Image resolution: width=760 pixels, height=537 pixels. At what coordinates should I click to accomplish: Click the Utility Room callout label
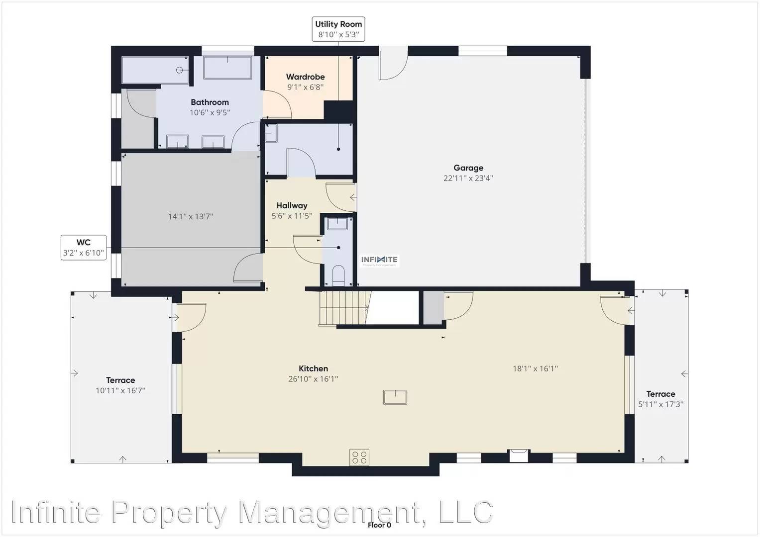(338, 29)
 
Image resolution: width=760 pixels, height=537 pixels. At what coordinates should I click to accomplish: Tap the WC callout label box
(84, 248)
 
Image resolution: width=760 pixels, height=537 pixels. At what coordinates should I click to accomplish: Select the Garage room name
(468, 168)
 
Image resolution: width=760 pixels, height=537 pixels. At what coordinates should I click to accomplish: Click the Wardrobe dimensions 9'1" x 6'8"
(306, 87)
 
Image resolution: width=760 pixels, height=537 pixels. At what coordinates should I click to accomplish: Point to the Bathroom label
(210, 102)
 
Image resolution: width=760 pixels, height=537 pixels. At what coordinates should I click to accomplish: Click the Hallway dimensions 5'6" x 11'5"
(292, 216)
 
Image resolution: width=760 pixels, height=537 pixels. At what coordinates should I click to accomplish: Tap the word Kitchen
(313, 368)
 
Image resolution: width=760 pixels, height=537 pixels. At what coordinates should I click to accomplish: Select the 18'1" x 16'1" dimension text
(535, 368)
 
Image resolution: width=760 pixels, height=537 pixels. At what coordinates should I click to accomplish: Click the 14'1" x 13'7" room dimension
(191, 216)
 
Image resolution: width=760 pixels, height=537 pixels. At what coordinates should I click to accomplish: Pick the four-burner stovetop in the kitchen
(359, 457)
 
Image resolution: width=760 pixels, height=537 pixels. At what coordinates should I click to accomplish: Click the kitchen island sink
(395, 397)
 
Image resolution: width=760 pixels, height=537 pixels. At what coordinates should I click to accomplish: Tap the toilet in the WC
(338, 275)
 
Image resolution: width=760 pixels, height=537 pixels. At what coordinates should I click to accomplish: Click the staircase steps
(343, 308)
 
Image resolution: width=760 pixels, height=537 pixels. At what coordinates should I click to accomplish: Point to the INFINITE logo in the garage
(379, 261)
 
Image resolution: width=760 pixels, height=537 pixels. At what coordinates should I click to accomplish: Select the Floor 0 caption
(379, 525)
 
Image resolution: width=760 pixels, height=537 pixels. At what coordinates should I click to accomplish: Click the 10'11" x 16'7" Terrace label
(120, 385)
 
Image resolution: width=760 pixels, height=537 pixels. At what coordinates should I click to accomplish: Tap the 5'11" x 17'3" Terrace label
(660, 399)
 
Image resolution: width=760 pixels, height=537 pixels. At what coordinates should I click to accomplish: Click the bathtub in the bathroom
(227, 68)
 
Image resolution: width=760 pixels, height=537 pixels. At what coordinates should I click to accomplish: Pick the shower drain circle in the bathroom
(179, 70)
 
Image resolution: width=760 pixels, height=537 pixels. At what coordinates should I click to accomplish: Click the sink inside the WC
(337, 224)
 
